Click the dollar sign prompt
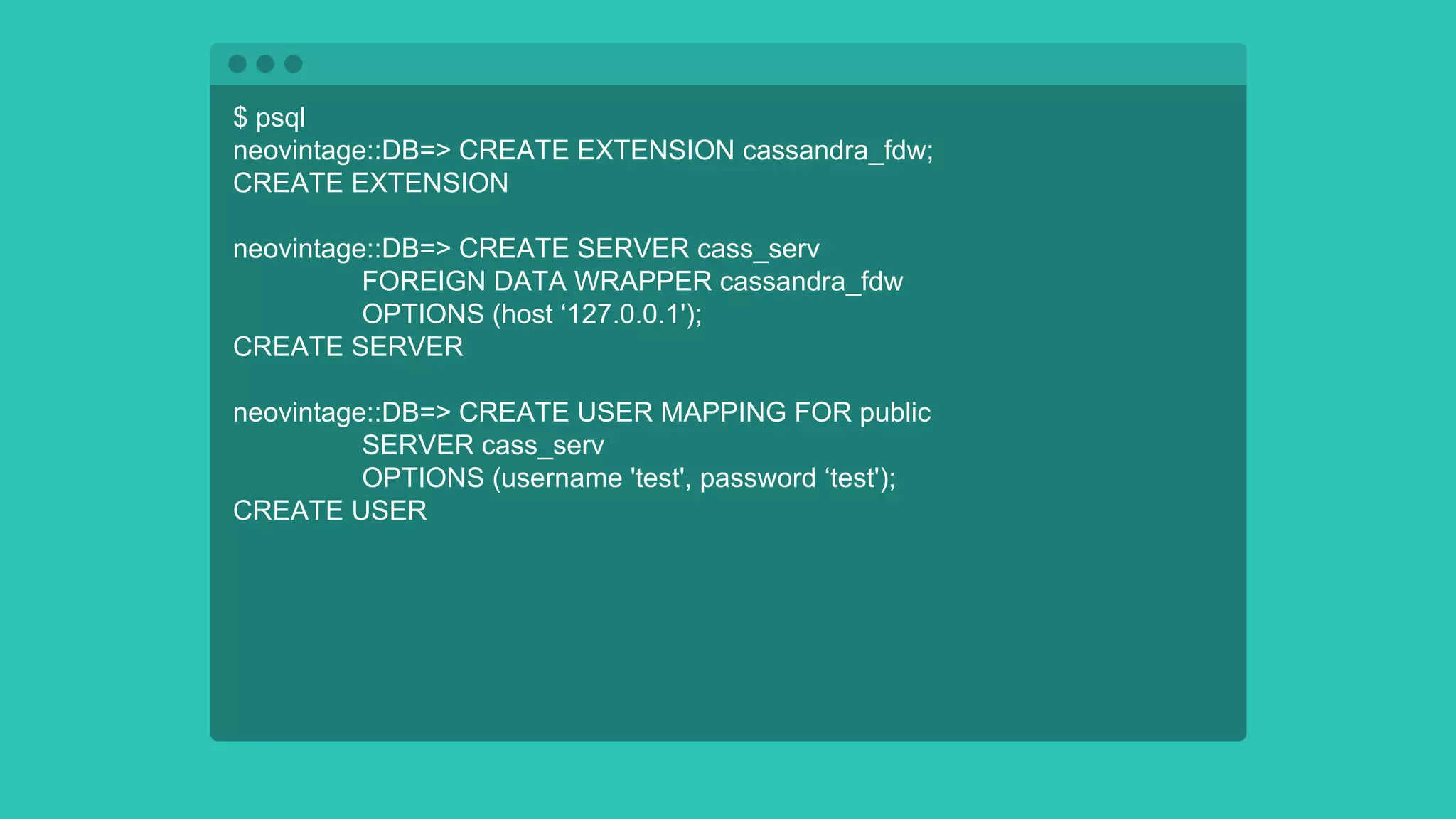240,117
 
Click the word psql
280,118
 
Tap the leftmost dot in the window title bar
237,64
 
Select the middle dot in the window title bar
265,64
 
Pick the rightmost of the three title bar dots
294,64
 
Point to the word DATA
530,282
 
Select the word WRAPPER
643,282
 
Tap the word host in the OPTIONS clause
527,314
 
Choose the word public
895,413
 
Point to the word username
562,478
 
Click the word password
758,478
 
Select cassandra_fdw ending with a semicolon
837,151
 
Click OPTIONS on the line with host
423,314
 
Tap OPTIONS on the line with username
423,478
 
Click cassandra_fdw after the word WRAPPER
811,282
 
